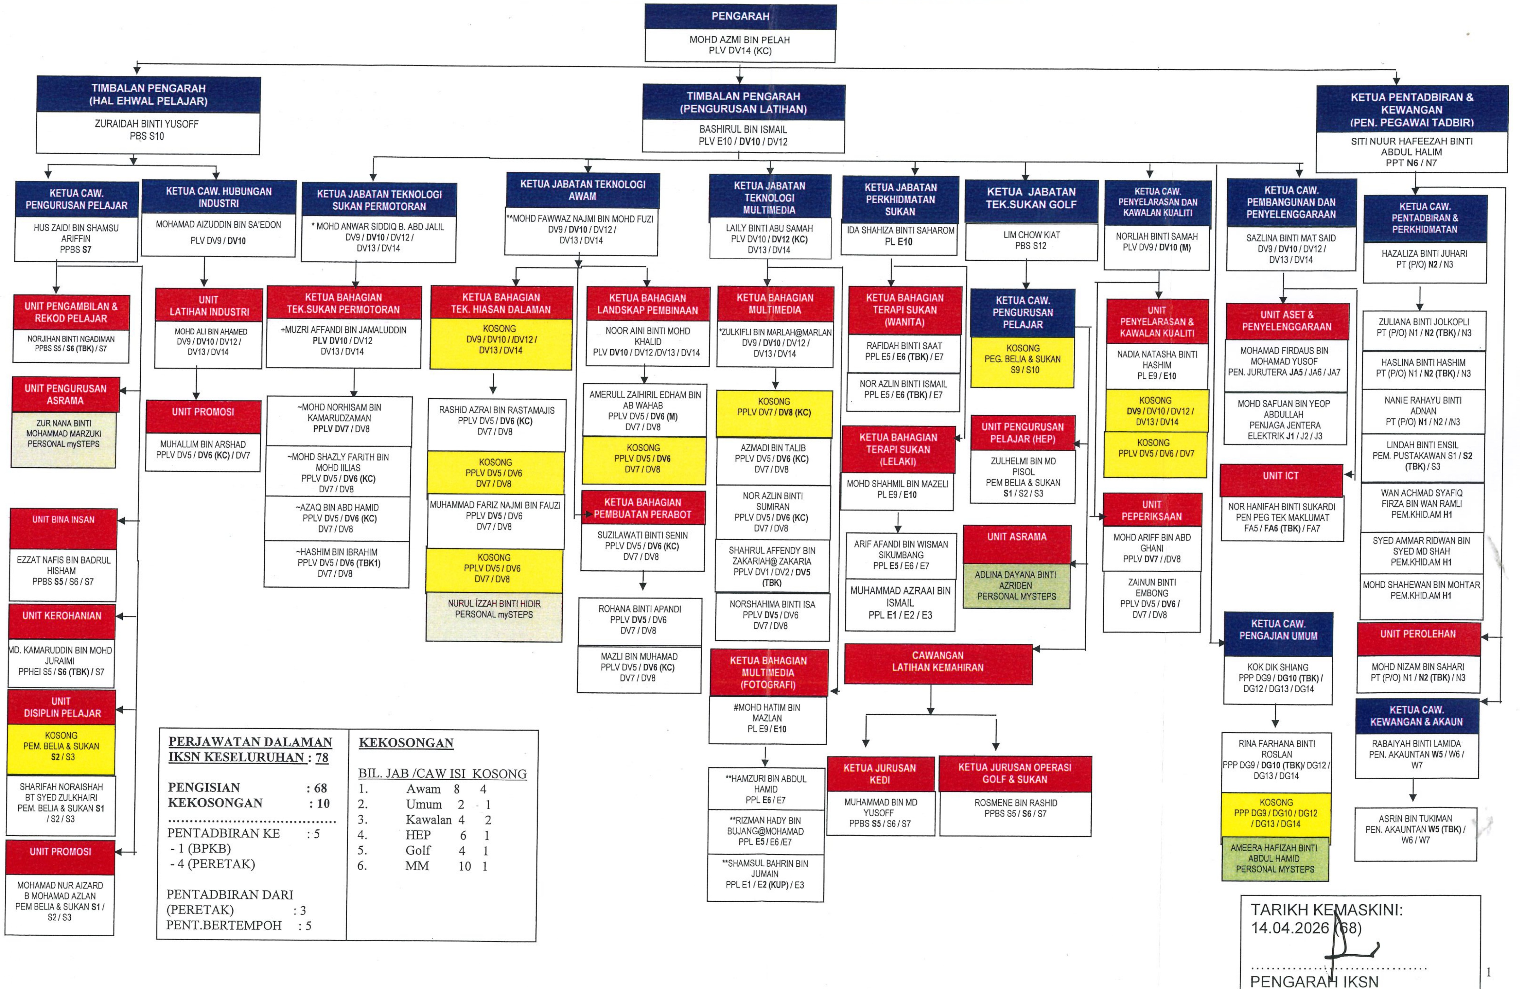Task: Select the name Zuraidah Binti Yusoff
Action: tap(146, 124)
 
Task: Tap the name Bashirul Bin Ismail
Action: tap(743, 129)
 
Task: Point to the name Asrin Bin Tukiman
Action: tap(1415, 818)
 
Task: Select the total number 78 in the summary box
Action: tap(322, 758)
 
